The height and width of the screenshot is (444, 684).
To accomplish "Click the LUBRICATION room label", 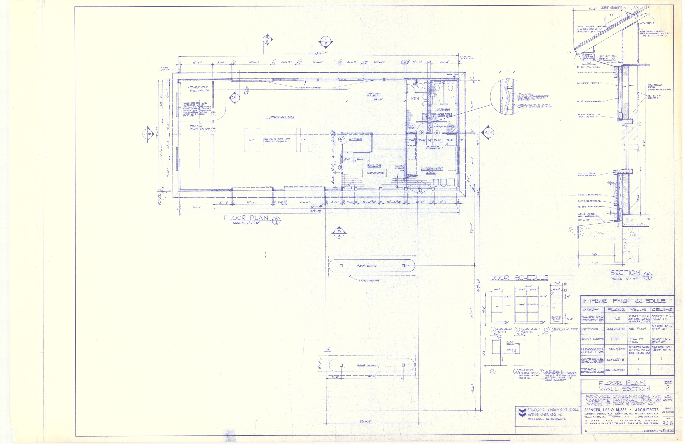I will tap(279, 117).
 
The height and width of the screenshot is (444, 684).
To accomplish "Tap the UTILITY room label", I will tap(374, 95).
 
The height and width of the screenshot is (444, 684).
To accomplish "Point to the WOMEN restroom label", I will tap(443, 110).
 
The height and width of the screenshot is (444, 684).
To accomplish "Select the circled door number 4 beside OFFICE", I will tap(341, 139).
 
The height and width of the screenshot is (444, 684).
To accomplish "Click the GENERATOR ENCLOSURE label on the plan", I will tap(198, 89).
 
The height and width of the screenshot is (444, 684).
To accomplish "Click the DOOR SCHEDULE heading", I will tap(519, 278).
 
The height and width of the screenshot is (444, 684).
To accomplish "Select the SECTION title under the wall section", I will tap(625, 273).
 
